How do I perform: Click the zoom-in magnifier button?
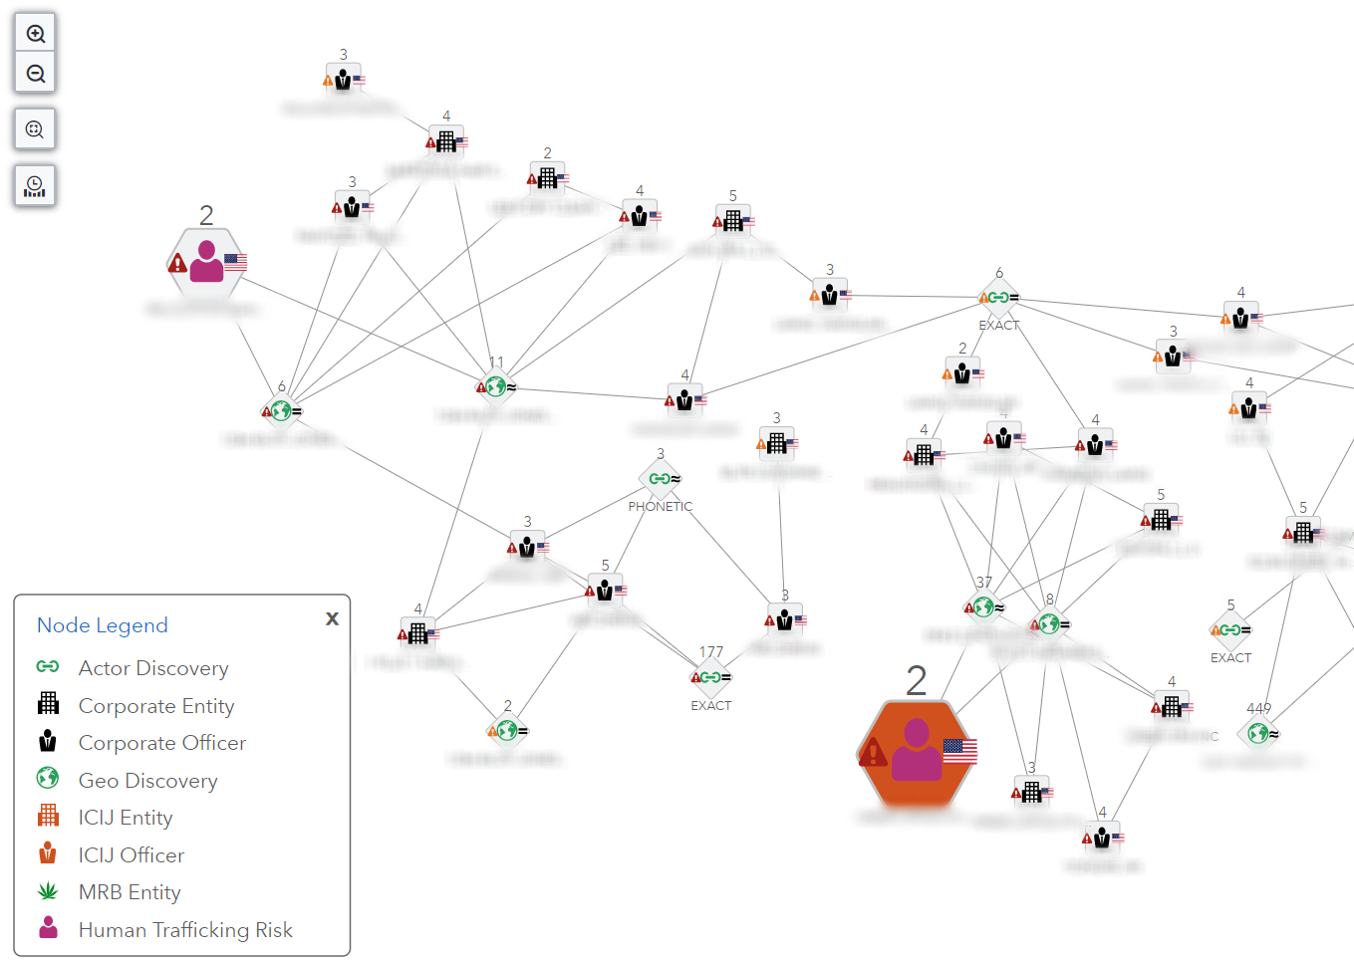click(35, 34)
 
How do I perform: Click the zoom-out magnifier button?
click(35, 74)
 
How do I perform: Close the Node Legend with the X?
click(332, 618)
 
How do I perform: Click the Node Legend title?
click(102, 625)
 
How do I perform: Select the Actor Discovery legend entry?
click(152, 668)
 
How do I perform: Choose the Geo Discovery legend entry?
click(147, 781)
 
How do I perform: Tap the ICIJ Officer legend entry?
click(131, 855)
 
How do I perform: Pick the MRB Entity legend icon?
click(48, 891)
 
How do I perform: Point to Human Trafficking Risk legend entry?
click(184, 930)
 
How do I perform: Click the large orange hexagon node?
click(917, 753)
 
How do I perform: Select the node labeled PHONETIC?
click(661, 479)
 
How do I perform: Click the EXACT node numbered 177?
click(711, 677)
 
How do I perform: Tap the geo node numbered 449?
click(1258, 733)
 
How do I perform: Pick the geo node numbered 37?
click(984, 605)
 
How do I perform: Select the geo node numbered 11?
click(496, 386)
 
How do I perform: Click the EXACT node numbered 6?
click(998, 297)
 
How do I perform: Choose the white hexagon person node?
click(206, 262)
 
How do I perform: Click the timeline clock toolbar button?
click(35, 185)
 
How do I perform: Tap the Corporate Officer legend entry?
click(161, 743)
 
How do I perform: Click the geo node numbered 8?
click(1049, 623)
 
